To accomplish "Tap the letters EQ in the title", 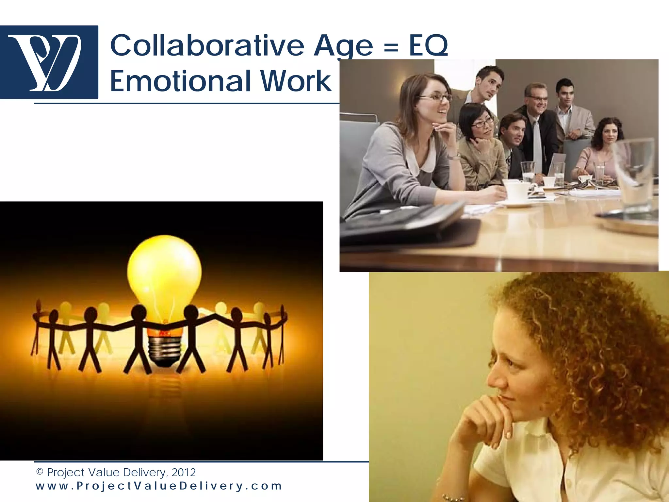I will (429, 46).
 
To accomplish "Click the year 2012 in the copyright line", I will (184, 472).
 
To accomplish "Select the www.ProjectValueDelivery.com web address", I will (159, 486).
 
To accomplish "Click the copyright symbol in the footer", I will (40, 472).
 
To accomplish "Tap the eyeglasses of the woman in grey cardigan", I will (436, 97).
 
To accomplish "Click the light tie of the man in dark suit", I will (537, 144).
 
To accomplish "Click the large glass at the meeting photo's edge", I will (634, 173).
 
